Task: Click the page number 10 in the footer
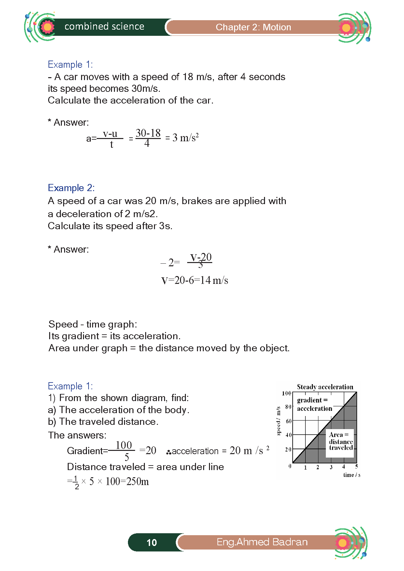coord(152,542)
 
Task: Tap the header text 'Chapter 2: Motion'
coord(253,27)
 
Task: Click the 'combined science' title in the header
coord(104,26)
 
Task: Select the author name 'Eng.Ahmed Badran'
coord(262,542)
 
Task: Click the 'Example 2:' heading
coord(71,188)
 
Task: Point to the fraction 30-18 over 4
coord(148,138)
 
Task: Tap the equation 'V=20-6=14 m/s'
coord(195,280)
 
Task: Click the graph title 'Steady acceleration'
coord(325,387)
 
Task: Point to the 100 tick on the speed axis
coord(286,393)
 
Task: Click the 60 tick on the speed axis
coord(288,421)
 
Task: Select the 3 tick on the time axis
coord(331,467)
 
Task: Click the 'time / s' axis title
coord(352,475)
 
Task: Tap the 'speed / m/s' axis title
coord(278,421)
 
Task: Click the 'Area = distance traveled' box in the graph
coord(341,441)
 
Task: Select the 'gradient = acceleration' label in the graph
coord(314,404)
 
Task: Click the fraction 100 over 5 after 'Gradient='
coord(124,451)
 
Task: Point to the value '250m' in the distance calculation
coord(137,481)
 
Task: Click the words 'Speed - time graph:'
coord(93,324)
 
